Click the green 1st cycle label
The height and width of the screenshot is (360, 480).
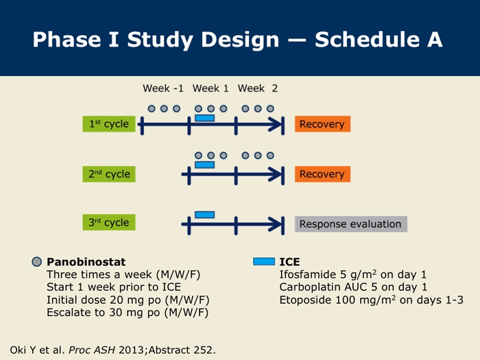point(109,124)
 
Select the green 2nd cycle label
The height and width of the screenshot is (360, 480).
point(109,174)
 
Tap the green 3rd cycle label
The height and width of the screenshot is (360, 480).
point(109,222)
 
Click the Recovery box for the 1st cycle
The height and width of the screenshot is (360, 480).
point(323,124)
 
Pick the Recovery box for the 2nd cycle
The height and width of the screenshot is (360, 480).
point(323,174)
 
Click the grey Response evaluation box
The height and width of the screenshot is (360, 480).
point(351,224)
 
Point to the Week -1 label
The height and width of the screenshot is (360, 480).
point(163,88)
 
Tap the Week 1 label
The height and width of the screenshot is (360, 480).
point(211,88)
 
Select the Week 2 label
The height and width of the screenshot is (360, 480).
point(258,88)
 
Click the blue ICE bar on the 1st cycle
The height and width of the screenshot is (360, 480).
point(205,118)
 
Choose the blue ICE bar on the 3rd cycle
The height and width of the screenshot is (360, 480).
point(205,215)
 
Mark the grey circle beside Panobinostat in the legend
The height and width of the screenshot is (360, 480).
point(37,262)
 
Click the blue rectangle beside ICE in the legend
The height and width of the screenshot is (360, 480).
point(264,262)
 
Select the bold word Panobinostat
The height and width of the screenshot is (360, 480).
point(86,262)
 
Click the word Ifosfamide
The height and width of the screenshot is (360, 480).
point(308,274)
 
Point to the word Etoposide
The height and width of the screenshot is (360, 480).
point(306,300)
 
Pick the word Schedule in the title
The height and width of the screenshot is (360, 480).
point(368,40)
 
